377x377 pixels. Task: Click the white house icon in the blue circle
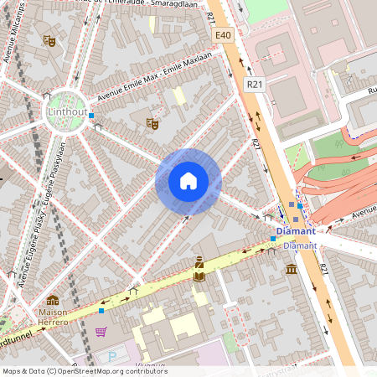pyautogui.click(x=188, y=181)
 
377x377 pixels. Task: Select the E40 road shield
pyautogui.click(x=222, y=35)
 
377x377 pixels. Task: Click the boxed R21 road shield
pyautogui.click(x=255, y=85)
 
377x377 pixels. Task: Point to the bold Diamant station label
pyautogui.click(x=297, y=230)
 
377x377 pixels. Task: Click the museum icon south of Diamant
pyautogui.click(x=291, y=269)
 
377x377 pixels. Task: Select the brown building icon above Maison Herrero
pyautogui.click(x=52, y=300)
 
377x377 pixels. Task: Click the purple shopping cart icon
pyautogui.click(x=101, y=332)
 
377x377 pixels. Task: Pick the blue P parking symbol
pyautogui.click(x=113, y=356)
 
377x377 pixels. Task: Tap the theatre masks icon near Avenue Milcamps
pyautogui.click(x=49, y=39)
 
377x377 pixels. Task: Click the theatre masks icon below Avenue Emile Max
pyautogui.click(x=152, y=123)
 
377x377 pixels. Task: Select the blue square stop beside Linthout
pyautogui.click(x=91, y=116)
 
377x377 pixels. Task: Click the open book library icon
pyautogui.click(x=199, y=274)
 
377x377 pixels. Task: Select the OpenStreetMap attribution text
pyautogui.click(x=85, y=371)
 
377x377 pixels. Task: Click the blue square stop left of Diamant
pyautogui.click(x=273, y=239)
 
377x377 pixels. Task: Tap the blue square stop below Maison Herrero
pyautogui.click(x=101, y=310)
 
